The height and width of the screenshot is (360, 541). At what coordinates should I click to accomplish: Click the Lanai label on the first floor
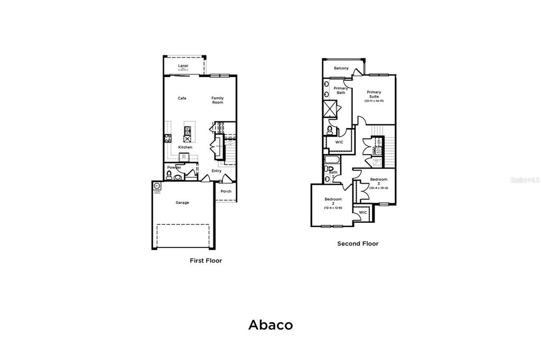point(183,65)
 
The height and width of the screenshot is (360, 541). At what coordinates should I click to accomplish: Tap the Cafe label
point(182,98)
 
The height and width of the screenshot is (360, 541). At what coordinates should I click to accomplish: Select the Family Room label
point(218,100)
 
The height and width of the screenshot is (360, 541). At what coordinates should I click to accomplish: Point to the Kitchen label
point(185,147)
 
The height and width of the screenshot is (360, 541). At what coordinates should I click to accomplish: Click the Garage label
point(182,202)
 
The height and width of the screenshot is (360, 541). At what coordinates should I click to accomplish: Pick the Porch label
point(226,191)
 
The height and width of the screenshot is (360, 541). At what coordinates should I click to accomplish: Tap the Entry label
point(217,171)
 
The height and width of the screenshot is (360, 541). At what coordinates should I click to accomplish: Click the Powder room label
point(174,168)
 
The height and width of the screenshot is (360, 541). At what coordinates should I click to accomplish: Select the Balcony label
point(341,69)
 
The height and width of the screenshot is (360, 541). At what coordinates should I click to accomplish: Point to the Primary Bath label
point(341,90)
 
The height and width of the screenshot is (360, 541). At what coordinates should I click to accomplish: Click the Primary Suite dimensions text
point(374,101)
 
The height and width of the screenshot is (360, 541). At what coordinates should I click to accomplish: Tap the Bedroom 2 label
point(333,202)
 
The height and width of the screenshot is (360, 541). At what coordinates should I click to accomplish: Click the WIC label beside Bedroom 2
point(363,212)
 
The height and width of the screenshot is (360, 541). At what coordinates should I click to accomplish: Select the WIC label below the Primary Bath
point(340,142)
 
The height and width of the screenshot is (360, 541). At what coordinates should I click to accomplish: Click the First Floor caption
point(206,261)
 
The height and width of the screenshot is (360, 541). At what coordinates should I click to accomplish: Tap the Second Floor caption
point(358,244)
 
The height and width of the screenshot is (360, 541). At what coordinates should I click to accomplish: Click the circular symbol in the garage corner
point(157,186)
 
